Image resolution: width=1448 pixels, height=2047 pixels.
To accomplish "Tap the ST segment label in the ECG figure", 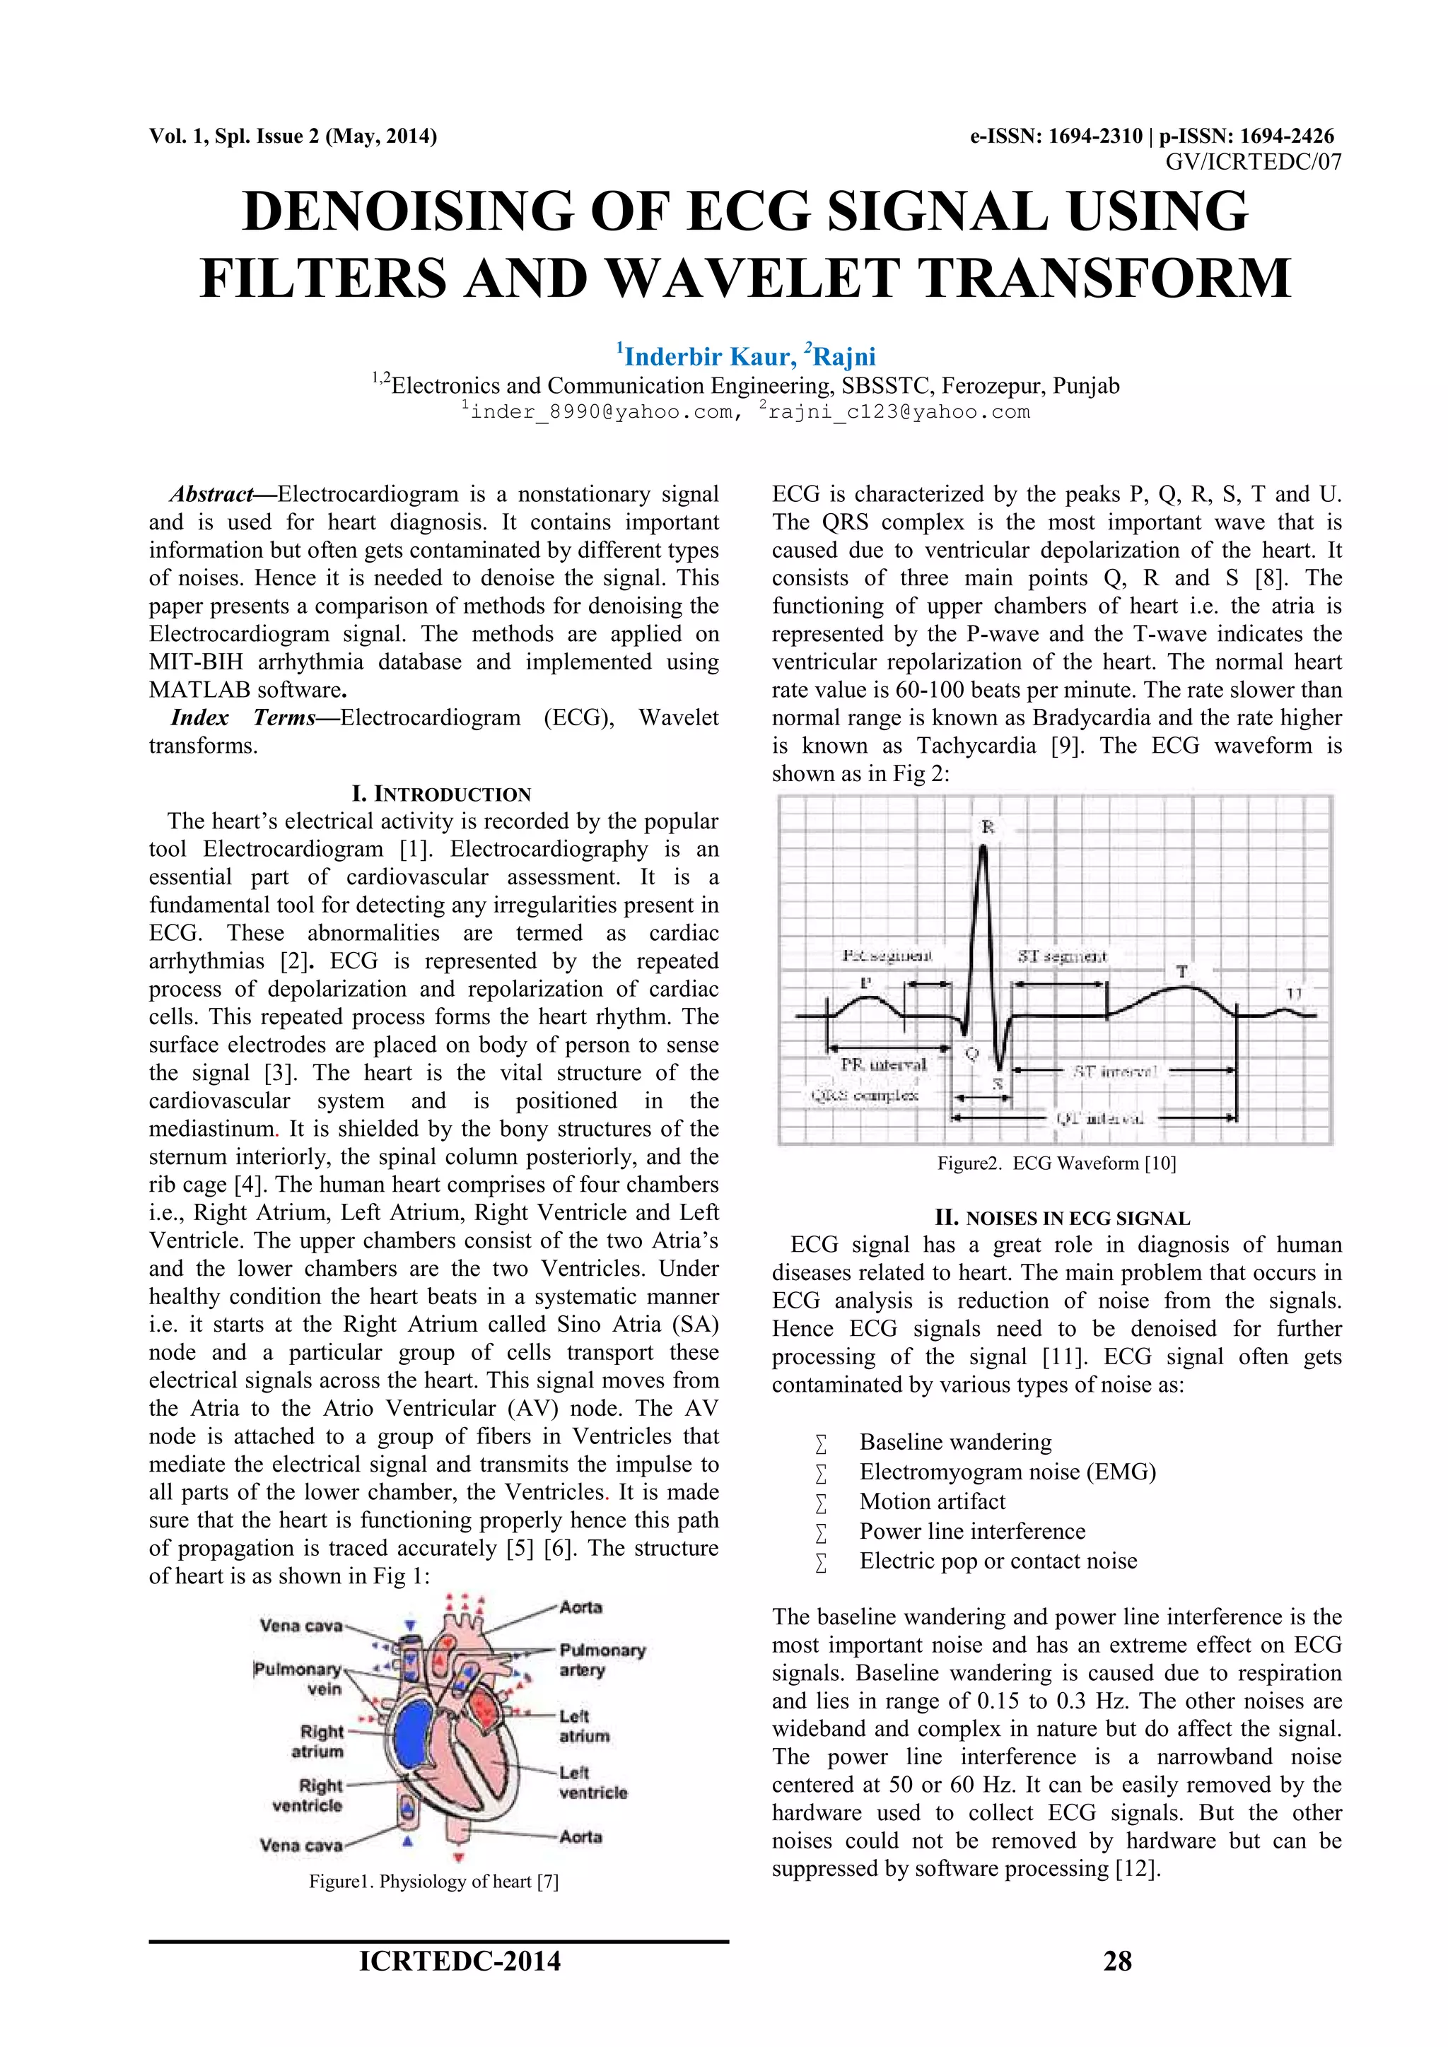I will pyautogui.click(x=1062, y=956).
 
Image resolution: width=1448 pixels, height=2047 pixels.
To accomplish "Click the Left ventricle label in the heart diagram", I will pyautogui.click(x=593, y=1782).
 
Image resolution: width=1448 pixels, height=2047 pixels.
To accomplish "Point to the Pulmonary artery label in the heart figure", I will pyautogui.click(x=602, y=1660).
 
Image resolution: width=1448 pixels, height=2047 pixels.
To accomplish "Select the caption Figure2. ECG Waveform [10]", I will pyautogui.click(x=1056, y=1163).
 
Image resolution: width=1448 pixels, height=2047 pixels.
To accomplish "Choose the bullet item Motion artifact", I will pyautogui.click(x=932, y=1501).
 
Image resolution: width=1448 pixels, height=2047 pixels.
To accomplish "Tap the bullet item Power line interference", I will pyautogui.click(x=972, y=1531).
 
